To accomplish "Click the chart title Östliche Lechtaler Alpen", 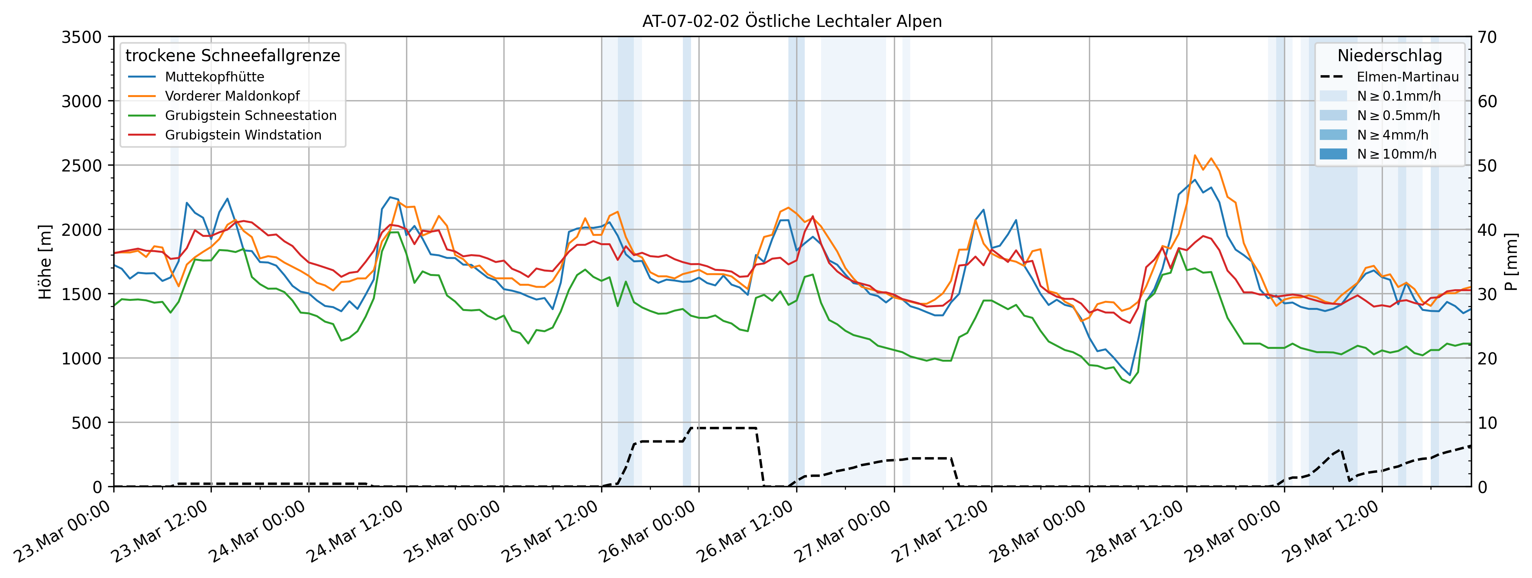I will tap(792, 21).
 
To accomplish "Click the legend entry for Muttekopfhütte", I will tap(214, 77).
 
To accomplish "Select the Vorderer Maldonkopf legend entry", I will tap(232, 96).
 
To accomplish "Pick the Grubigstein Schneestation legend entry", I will tap(250, 115).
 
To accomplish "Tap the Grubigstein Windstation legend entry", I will tap(243, 135).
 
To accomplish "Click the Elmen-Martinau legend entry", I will tap(1407, 77).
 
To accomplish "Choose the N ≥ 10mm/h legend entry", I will tap(1397, 154).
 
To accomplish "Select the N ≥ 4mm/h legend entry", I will tap(1392, 135).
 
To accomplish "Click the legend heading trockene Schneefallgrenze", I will tap(232, 55).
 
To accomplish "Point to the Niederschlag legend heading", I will tap(1389, 55).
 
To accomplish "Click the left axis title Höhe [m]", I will tap(45, 262).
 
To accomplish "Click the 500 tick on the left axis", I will tap(88, 422).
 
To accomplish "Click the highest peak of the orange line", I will tap(1195, 156).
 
